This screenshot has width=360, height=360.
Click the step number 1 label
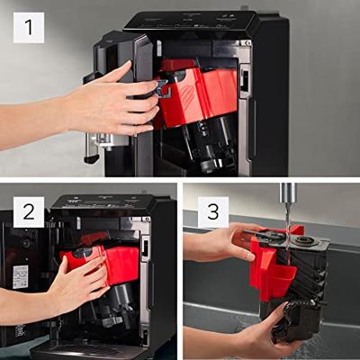[x=28, y=28]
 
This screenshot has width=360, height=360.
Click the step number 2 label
[x=28, y=212]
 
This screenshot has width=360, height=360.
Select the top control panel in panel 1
[x=193, y=20]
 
